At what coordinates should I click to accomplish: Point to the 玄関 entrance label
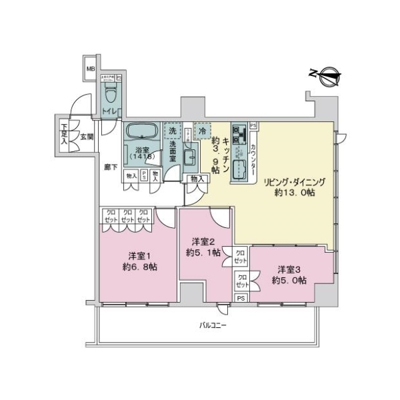coord(87,137)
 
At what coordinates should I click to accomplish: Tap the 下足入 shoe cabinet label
coord(65,133)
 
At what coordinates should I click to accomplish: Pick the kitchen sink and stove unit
coord(239,152)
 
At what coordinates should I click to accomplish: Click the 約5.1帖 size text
coord(203,252)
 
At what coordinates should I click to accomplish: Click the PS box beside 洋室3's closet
coord(241,297)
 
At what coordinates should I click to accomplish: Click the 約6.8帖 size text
coord(139,267)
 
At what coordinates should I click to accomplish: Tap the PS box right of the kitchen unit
coord(253,125)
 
